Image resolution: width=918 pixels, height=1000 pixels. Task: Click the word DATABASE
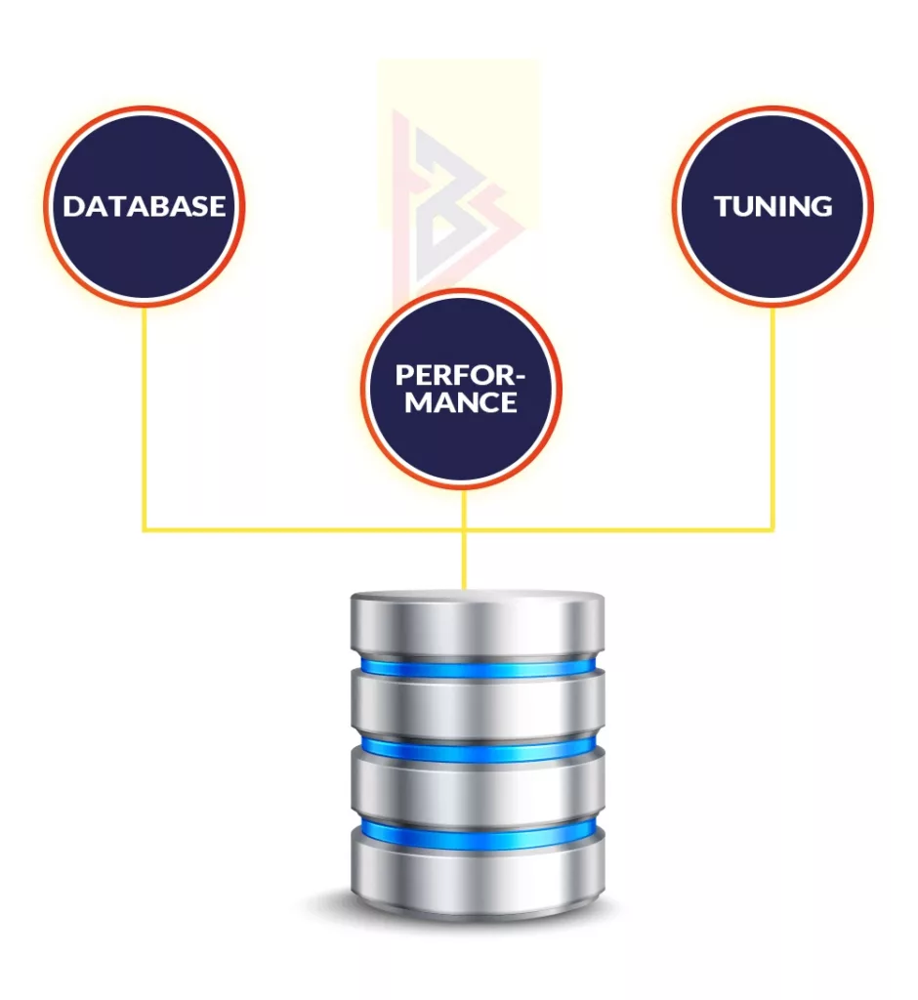click(x=145, y=206)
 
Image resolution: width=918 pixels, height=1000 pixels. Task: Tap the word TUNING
click(x=772, y=206)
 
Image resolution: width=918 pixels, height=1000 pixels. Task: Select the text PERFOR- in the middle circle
click(x=460, y=375)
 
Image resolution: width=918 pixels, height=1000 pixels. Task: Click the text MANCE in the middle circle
click(x=461, y=401)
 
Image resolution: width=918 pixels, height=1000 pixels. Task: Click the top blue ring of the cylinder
click(x=478, y=667)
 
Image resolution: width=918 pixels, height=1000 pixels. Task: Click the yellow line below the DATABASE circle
click(x=145, y=420)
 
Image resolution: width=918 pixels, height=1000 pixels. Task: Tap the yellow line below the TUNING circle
click(x=772, y=420)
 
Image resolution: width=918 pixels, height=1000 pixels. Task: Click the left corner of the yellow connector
click(x=145, y=530)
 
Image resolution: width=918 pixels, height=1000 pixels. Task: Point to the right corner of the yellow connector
click(x=772, y=530)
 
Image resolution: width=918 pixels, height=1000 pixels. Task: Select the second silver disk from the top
click(x=478, y=708)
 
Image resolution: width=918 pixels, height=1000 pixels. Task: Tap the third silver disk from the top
click(x=478, y=792)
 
